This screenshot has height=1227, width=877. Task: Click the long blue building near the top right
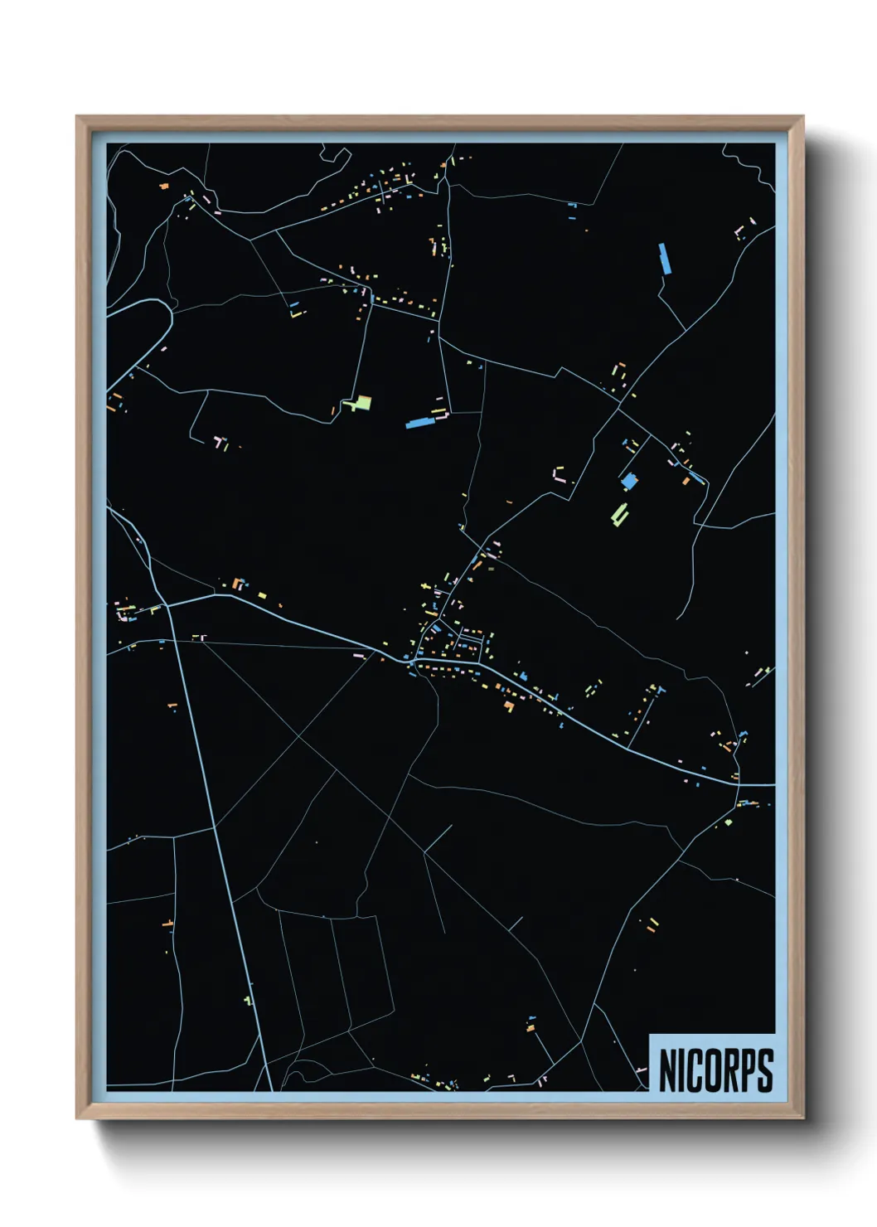point(664,258)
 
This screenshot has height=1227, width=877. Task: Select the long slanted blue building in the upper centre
point(420,423)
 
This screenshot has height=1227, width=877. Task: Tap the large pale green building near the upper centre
point(360,404)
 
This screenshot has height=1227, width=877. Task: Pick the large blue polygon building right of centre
point(629,481)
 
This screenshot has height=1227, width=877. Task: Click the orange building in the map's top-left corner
point(164,187)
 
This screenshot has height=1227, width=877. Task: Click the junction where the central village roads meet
point(412,662)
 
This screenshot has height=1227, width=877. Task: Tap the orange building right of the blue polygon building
point(686,480)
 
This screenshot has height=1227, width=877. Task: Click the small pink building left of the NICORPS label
point(641,1070)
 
